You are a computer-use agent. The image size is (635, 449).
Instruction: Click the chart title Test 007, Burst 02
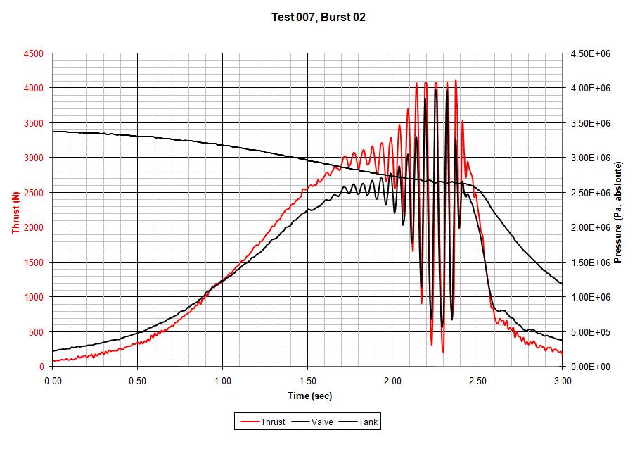[x=318, y=17]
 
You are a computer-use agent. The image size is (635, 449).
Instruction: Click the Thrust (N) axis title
[x=15, y=210]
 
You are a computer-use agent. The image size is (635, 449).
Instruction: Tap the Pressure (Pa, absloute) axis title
[x=618, y=210]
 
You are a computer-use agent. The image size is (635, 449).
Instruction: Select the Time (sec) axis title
[x=308, y=396]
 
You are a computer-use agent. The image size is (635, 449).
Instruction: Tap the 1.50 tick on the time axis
[x=307, y=380]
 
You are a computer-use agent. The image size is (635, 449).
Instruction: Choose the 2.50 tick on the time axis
[x=477, y=380]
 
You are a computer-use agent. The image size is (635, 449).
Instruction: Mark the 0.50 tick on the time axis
[x=138, y=380]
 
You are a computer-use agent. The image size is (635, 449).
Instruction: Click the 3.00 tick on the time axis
[x=562, y=380]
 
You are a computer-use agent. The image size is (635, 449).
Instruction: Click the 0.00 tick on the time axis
[x=53, y=380]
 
